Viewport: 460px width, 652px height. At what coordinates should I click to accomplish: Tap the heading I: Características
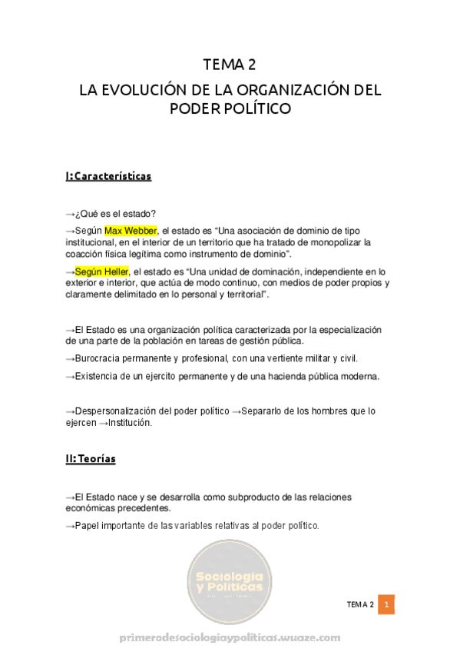click(x=108, y=176)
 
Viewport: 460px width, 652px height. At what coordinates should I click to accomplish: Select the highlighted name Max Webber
click(x=131, y=230)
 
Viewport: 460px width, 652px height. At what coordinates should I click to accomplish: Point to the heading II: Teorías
click(x=91, y=459)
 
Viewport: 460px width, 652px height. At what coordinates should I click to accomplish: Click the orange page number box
click(x=387, y=605)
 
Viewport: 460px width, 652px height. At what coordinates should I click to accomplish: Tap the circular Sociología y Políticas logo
click(x=230, y=583)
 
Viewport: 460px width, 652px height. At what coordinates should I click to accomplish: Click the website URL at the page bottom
click(x=230, y=638)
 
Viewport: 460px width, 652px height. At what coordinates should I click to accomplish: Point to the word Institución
click(x=131, y=422)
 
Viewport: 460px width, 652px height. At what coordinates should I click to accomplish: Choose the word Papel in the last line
click(x=88, y=526)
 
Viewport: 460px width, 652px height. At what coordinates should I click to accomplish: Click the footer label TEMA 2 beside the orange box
click(x=359, y=606)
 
